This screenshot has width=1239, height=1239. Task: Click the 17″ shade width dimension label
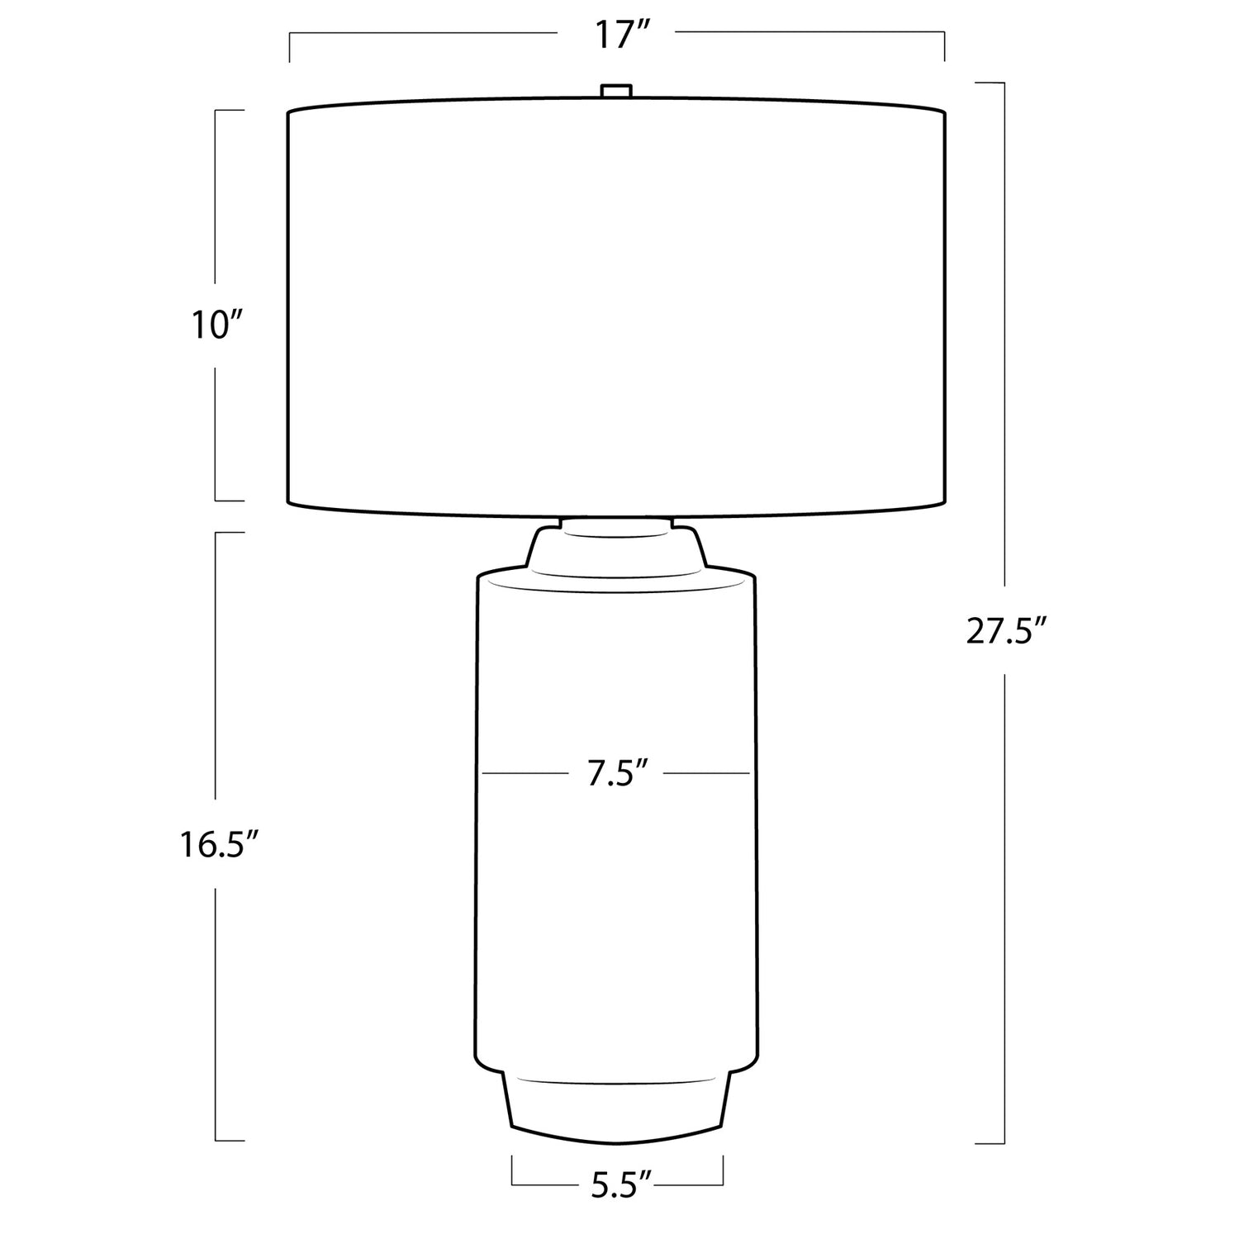click(617, 36)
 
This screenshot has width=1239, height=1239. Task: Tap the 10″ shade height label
click(210, 327)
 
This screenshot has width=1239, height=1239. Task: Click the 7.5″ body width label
click(616, 774)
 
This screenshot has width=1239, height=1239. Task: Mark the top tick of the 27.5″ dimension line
click(990, 83)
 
